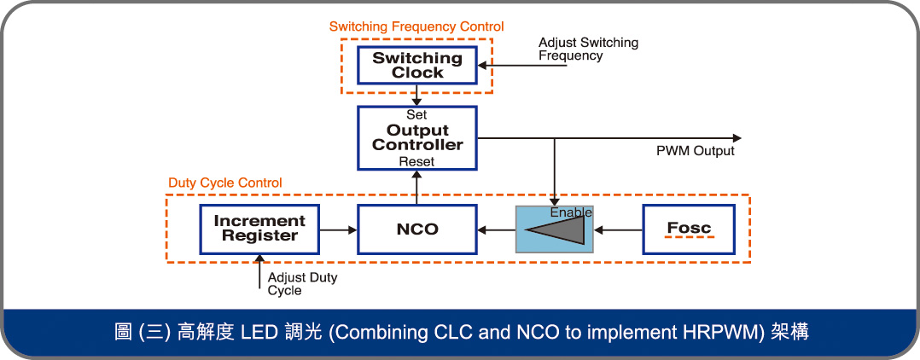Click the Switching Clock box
417,66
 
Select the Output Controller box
417,137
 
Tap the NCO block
417,229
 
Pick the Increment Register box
259,229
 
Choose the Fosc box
688,229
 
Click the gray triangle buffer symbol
556,229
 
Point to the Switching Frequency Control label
416,27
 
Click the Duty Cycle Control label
225,183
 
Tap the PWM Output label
695,152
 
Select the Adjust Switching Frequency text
588,49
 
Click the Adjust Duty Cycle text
302,284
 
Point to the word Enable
571,212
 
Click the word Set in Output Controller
416,114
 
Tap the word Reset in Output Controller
416,161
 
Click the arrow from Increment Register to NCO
338,229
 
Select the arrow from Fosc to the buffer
619,229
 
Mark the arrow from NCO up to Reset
416,187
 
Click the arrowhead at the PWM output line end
736,137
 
